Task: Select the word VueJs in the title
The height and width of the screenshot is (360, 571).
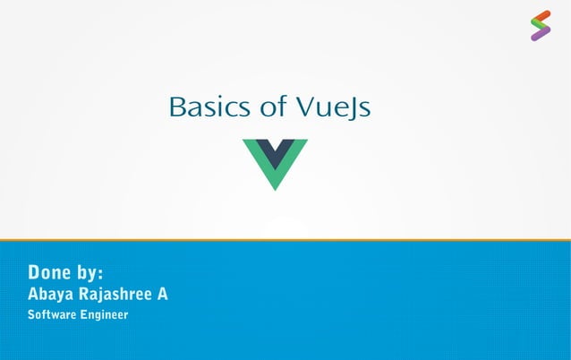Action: [333, 109]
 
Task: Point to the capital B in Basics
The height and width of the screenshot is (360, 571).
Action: [176, 108]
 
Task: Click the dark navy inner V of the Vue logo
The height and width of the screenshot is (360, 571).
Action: [275, 150]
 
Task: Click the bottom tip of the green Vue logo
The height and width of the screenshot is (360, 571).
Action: [275, 186]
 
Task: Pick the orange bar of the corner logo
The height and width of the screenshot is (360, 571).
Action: [540, 16]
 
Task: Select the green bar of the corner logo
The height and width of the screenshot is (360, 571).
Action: [540, 26]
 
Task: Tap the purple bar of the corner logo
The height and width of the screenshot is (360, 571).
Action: [540, 36]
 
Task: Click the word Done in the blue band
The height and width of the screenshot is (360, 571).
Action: [50, 271]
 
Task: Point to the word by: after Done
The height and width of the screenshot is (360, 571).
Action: [90, 271]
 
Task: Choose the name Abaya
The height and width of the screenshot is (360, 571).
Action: [55, 294]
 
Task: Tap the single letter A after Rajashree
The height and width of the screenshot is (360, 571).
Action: [163, 293]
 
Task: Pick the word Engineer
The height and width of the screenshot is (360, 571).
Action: [105, 315]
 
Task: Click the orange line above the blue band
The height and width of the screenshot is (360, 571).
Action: [285, 240]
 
